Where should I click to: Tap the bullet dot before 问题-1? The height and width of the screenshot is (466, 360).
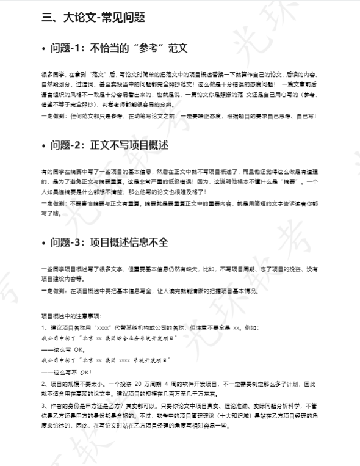pos(44,47)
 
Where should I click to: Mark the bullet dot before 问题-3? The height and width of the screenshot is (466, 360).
pos(44,244)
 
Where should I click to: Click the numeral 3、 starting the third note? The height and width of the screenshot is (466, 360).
pos(45,406)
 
